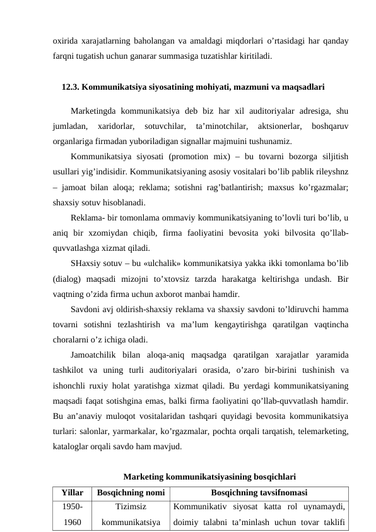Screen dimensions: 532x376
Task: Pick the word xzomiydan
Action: coord(96,235)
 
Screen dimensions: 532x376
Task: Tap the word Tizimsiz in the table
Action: coord(130,506)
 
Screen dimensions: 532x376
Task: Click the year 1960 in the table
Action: coord(73,522)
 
